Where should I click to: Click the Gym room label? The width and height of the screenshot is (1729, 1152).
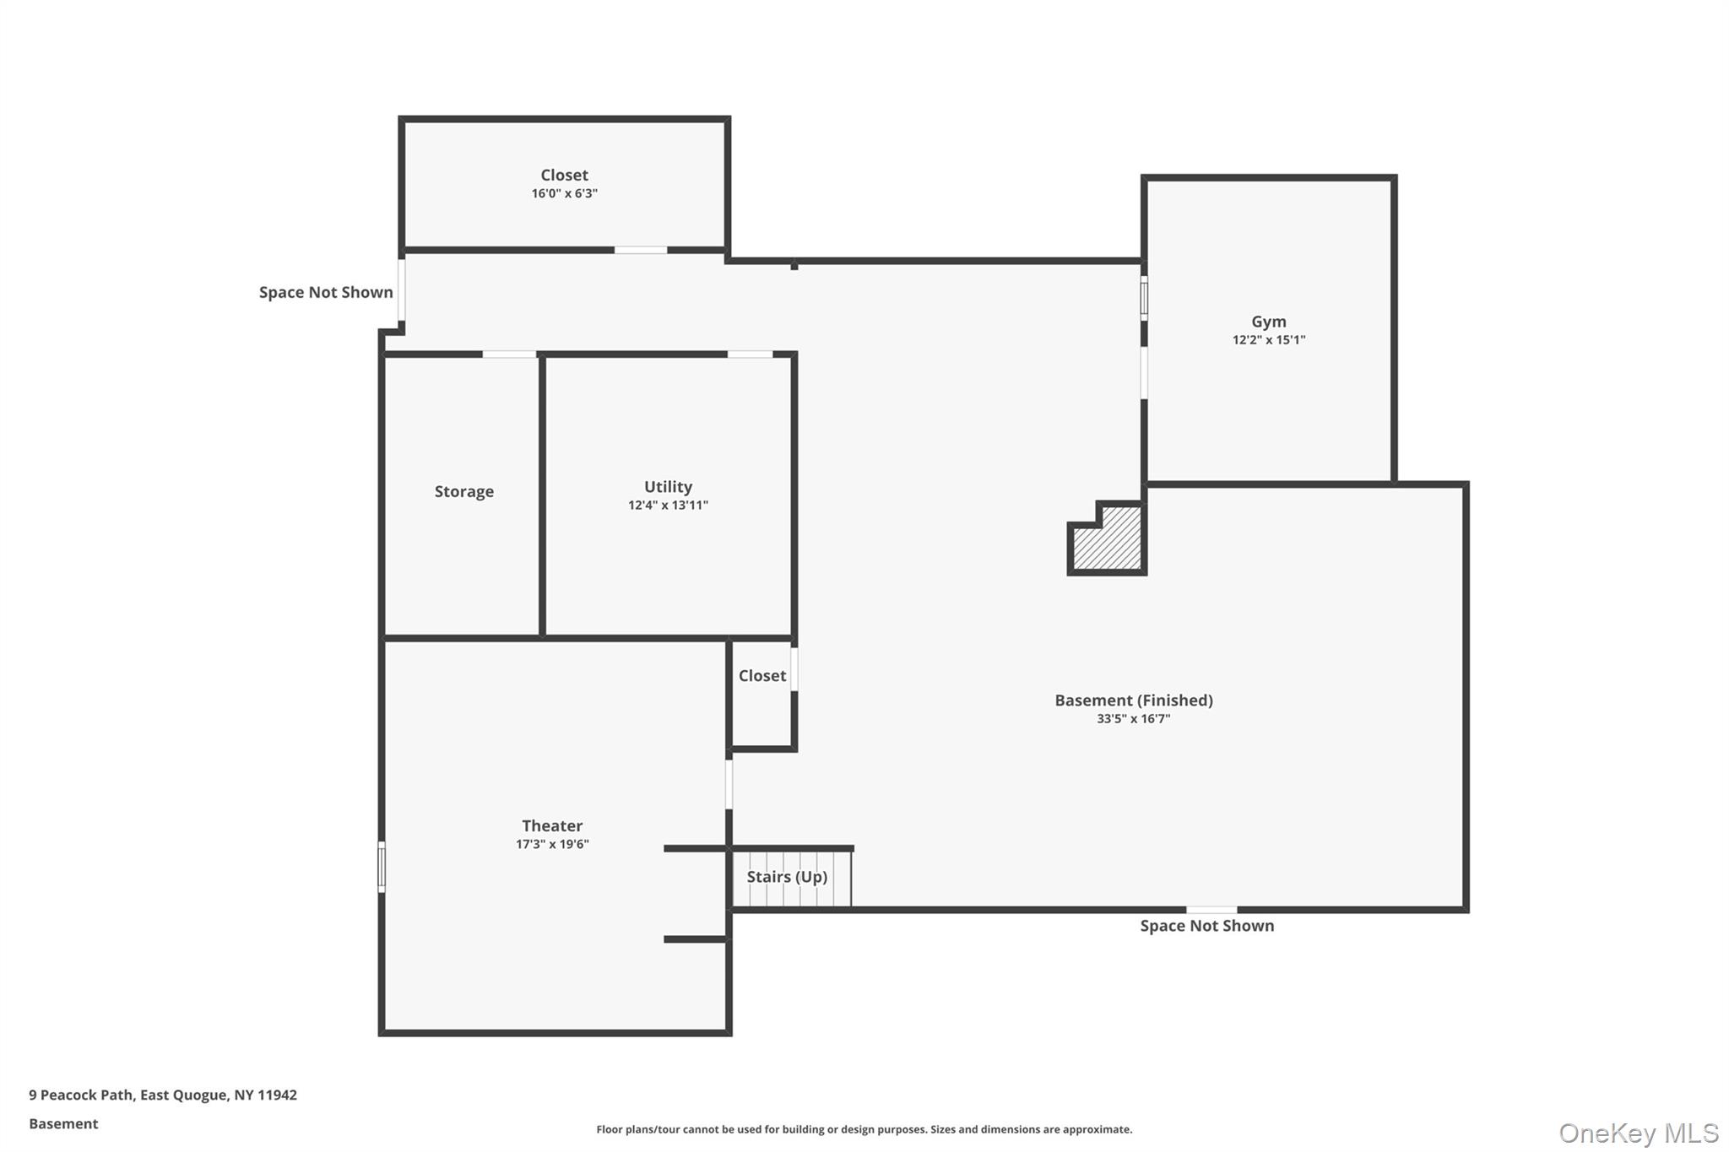[1268, 322]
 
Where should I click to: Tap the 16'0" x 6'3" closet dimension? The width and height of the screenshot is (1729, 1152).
[564, 193]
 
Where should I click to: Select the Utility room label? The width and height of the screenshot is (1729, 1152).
[668, 487]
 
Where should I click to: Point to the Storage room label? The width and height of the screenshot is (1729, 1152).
[463, 491]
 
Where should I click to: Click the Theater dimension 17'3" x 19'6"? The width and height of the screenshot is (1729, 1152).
[552, 844]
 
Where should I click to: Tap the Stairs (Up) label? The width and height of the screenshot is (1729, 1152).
[787, 877]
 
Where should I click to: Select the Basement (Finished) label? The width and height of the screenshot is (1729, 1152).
[1133, 700]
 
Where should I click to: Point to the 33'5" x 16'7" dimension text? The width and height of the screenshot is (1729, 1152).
[1133, 719]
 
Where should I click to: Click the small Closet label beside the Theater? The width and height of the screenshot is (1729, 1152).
[762, 676]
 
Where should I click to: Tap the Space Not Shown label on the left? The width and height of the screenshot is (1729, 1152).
[326, 293]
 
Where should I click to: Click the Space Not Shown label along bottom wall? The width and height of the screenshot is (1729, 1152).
[1206, 926]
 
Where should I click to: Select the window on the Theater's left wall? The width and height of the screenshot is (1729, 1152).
[382, 867]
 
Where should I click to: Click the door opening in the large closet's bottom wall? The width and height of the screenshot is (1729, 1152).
[640, 250]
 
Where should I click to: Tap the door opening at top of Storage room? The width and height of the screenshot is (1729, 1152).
[508, 354]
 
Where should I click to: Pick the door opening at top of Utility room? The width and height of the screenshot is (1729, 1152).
[750, 354]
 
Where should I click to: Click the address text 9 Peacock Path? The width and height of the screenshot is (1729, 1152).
[163, 1095]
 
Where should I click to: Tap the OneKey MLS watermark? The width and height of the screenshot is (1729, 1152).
[1638, 1133]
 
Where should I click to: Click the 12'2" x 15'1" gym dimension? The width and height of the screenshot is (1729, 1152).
[1268, 340]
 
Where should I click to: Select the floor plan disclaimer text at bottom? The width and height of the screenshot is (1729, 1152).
[864, 1129]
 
